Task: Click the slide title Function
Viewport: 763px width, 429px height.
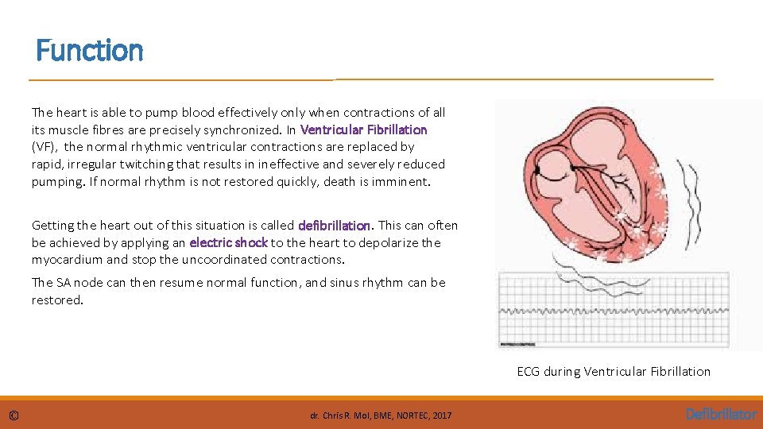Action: point(90,51)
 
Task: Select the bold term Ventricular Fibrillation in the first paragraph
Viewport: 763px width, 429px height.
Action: point(363,129)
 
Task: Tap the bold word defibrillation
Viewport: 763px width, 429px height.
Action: point(334,226)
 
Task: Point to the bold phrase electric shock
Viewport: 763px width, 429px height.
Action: point(228,242)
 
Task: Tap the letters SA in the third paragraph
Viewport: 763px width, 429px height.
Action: point(65,283)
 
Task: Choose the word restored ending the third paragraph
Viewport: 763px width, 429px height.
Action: point(56,300)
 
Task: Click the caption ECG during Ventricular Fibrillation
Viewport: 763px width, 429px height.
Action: point(614,371)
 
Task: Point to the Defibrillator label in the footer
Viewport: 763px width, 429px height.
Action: point(722,414)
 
